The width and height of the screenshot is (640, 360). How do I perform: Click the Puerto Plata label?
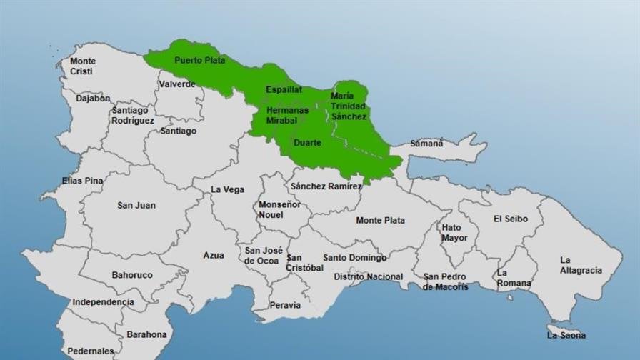(x=200, y=61)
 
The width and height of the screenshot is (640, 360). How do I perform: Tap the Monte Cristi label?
(x=83, y=66)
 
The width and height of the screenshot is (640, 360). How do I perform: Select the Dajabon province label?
(x=93, y=99)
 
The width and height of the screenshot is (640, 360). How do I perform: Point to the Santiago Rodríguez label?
(x=133, y=116)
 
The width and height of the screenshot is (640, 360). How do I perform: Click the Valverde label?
(x=177, y=84)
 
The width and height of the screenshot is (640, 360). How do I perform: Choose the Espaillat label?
(x=284, y=90)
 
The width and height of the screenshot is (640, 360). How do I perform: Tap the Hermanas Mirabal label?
(x=287, y=116)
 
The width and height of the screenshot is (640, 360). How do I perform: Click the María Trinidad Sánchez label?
(x=349, y=106)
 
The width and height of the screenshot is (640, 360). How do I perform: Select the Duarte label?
(x=308, y=143)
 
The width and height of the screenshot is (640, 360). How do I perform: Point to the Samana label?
(x=426, y=144)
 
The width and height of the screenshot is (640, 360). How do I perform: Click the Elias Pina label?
(x=82, y=181)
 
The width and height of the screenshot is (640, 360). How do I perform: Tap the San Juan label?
(x=136, y=206)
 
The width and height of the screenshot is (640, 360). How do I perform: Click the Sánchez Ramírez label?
(x=326, y=186)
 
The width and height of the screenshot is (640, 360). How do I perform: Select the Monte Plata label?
(x=380, y=221)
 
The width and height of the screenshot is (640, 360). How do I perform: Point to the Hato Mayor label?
(x=454, y=232)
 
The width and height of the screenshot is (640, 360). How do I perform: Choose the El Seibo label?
(x=511, y=219)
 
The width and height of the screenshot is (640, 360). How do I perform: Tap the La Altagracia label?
(x=581, y=265)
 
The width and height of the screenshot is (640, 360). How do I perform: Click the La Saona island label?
(x=566, y=335)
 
